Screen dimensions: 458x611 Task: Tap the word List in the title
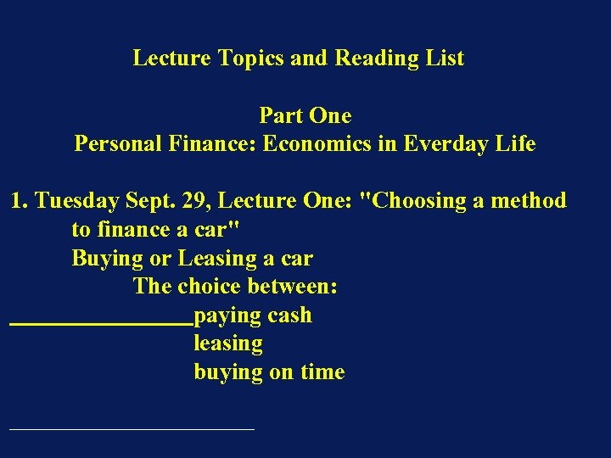(444, 59)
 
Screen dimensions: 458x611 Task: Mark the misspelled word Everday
(446, 144)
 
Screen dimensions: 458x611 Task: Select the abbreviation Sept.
(149, 201)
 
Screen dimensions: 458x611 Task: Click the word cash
(289, 316)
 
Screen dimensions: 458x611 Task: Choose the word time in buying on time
(321, 372)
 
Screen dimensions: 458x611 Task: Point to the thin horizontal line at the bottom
(132, 429)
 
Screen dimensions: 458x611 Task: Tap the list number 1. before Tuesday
(20, 201)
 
